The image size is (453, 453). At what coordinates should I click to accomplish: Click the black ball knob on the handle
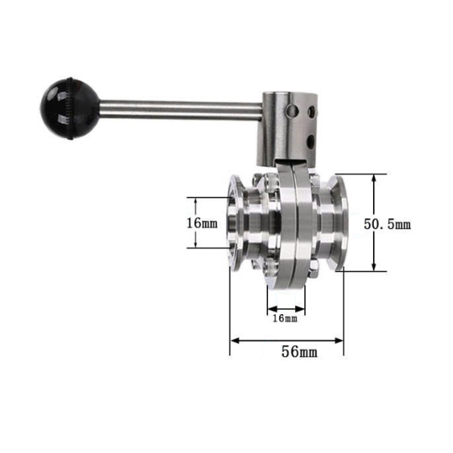tap(70, 108)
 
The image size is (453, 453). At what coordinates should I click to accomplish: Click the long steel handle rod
tap(181, 110)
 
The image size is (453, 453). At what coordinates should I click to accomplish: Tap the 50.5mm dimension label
tap(387, 224)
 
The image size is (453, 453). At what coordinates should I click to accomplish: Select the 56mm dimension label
tap(299, 352)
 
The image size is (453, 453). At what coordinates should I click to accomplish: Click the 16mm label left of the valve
tap(202, 223)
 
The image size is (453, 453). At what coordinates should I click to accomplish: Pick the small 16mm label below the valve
tap(285, 319)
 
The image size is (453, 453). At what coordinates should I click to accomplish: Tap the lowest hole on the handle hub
tap(310, 142)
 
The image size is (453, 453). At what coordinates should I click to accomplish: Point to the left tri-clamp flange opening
tap(233, 223)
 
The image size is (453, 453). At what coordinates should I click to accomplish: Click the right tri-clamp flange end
tap(340, 223)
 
